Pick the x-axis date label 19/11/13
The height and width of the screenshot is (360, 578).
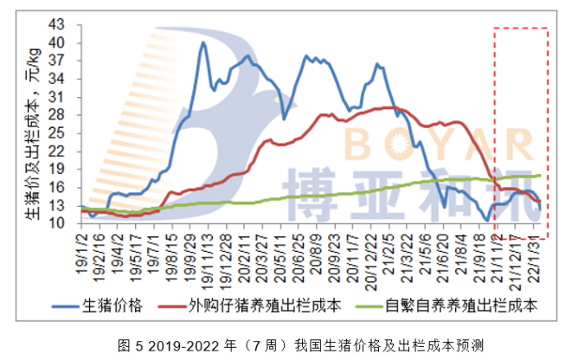[205, 251]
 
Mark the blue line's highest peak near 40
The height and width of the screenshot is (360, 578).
[203, 42]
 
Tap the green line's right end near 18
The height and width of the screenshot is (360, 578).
[540, 175]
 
